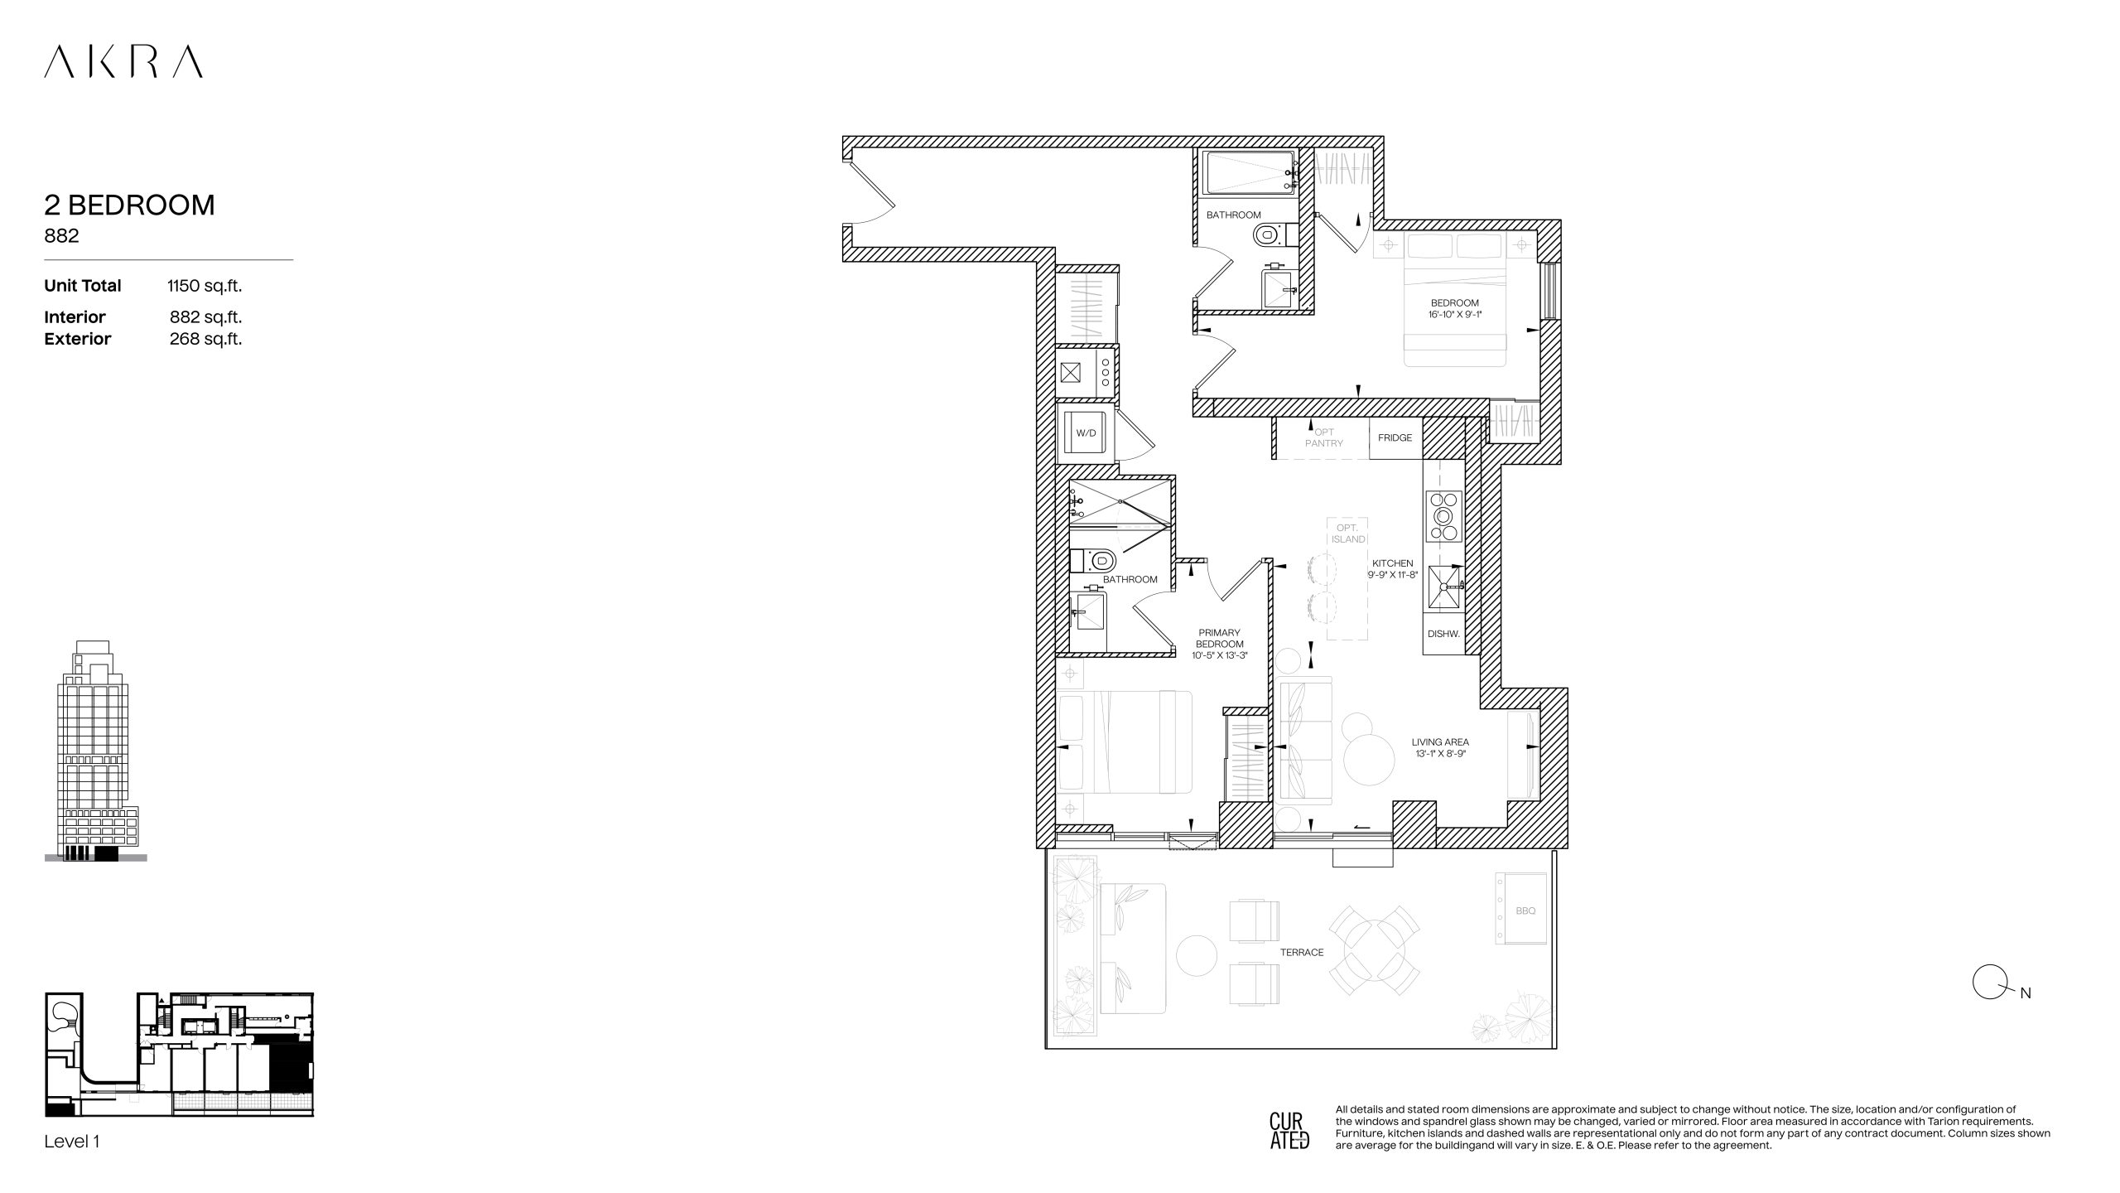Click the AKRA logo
(x=123, y=62)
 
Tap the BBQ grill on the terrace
(x=1521, y=909)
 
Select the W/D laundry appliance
(x=1086, y=432)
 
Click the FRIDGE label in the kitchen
(x=1395, y=437)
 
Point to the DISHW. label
(x=1443, y=634)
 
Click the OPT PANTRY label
(x=1324, y=437)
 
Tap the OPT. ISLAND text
(x=1348, y=534)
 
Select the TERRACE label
(x=1302, y=952)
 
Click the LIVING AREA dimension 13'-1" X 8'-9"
(x=1440, y=754)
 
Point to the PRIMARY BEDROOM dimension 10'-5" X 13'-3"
(x=1219, y=655)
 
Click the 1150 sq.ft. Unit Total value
(x=205, y=286)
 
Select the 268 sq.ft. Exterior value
(x=205, y=339)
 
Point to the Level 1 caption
(x=72, y=1142)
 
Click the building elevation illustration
(x=96, y=751)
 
